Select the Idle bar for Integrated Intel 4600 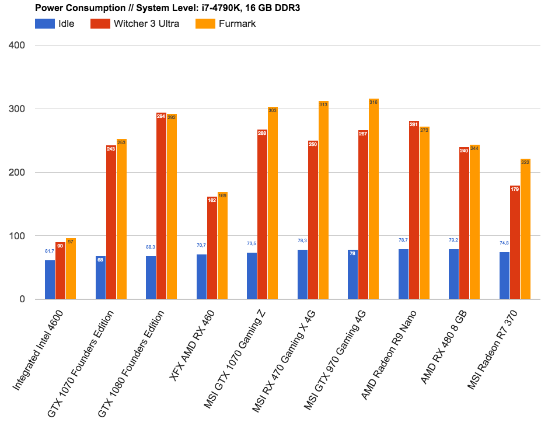(x=50, y=280)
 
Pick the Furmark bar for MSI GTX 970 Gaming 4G (x=374, y=199)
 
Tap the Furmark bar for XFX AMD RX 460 (x=222, y=246)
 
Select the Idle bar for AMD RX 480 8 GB (x=454, y=274)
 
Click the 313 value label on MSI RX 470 (x=323, y=104)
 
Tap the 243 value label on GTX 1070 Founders (x=111, y=149)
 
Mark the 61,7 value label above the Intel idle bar (x=50, y=251)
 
